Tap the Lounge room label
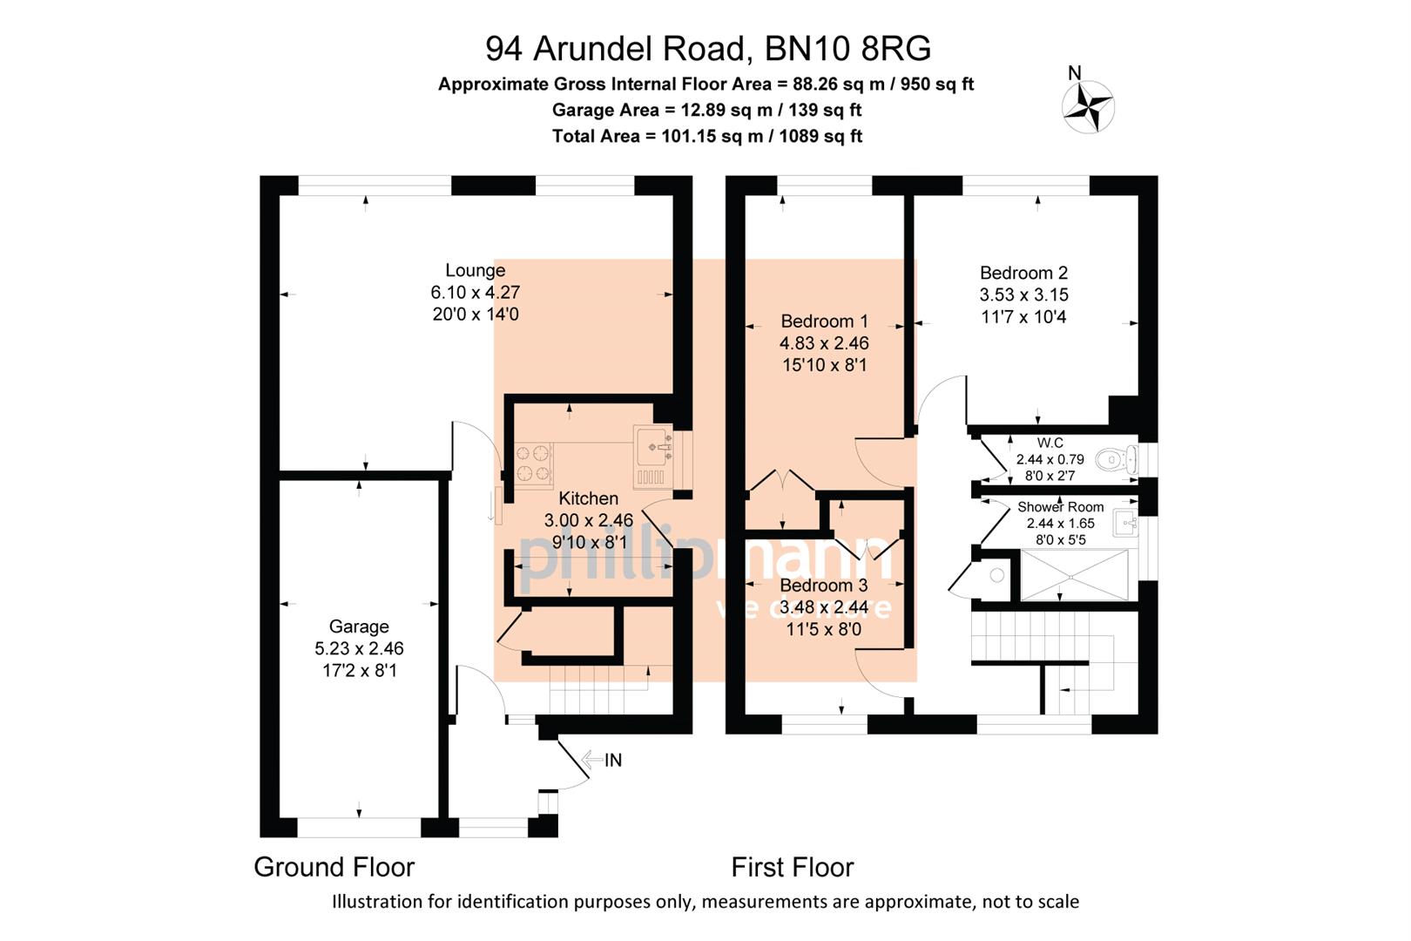point(475,270)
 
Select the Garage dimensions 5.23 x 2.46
point(359,648)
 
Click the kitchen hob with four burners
point(533,464)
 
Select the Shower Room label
point(1060,506)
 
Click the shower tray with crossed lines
point(1073,575)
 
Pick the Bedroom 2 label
point(1023,273)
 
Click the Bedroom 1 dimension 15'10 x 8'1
point(824,365)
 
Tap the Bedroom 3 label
point(823,585)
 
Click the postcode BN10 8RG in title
point(847,49)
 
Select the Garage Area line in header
point(706,110)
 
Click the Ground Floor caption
point(334,867)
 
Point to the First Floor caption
point(792,867)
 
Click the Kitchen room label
point(588,498)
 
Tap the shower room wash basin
point(1125,524)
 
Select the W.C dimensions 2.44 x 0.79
point(1050,459)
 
